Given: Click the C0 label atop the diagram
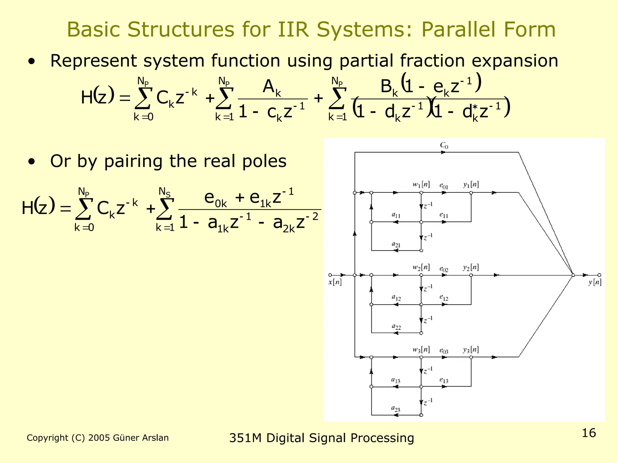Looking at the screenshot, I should [x=444, y=145].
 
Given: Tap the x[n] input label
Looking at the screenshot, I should [x=335, y=282].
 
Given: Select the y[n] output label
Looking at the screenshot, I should [x=595, y=282].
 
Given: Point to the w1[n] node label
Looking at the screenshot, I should [x=421, y=184].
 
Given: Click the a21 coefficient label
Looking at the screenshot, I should [x=396, y=244].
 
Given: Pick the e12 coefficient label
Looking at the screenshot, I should [x=444, y=298].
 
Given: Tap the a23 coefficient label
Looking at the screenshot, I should [x=396, y=409].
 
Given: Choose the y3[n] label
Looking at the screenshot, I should [x=471, y=350].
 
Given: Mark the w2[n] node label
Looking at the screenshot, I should [x=421, y=267].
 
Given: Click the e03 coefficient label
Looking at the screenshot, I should [x=444, y=351].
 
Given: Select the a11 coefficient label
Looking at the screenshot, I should [x=396, y=215].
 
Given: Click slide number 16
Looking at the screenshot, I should [x=589, y=433].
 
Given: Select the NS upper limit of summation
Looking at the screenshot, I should [x=164, y=192].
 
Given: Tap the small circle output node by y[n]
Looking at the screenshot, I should [x=599, y=275].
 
